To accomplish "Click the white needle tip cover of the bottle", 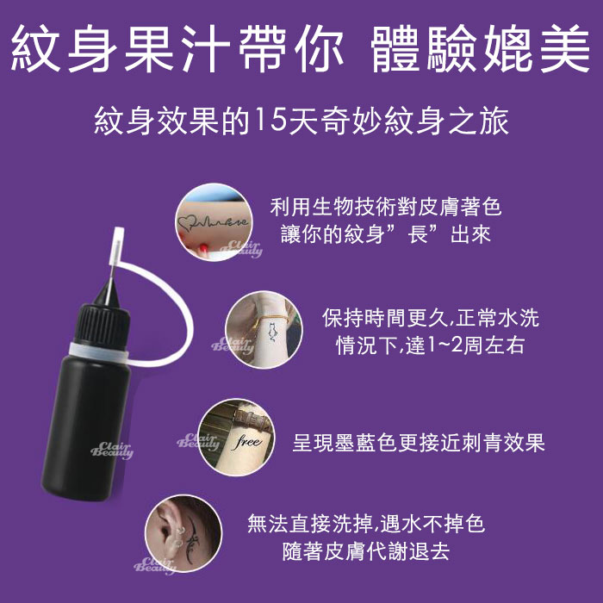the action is coord(116,246).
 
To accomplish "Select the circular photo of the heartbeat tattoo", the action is coord(214,222).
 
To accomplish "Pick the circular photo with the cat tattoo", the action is coord(264,330).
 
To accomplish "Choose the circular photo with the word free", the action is coord(237,438).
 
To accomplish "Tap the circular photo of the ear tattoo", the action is coord(183,533).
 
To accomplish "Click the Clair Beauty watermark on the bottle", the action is coord(111,451).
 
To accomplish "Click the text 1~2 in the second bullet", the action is coord(445,345).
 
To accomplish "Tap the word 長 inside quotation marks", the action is coord(418,234).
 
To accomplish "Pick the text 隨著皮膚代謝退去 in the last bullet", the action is coord(366,551).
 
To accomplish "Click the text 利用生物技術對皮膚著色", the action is coord(386,207).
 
